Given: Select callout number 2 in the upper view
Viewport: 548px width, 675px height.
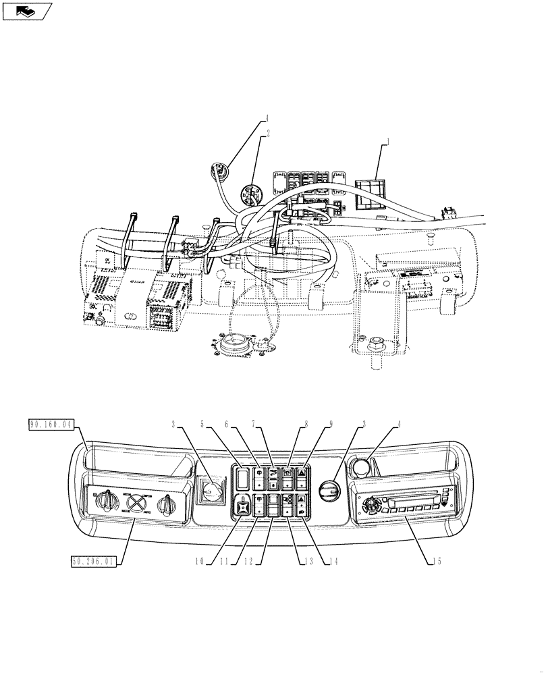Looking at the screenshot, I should coord(268,134).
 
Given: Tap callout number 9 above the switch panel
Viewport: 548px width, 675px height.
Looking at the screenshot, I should coord(331,425).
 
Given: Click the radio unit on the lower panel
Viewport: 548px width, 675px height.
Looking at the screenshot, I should coord(404,506).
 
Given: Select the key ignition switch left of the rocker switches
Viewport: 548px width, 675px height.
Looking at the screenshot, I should coord(212,489).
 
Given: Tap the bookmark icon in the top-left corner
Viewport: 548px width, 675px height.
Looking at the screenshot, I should coord(27,10).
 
